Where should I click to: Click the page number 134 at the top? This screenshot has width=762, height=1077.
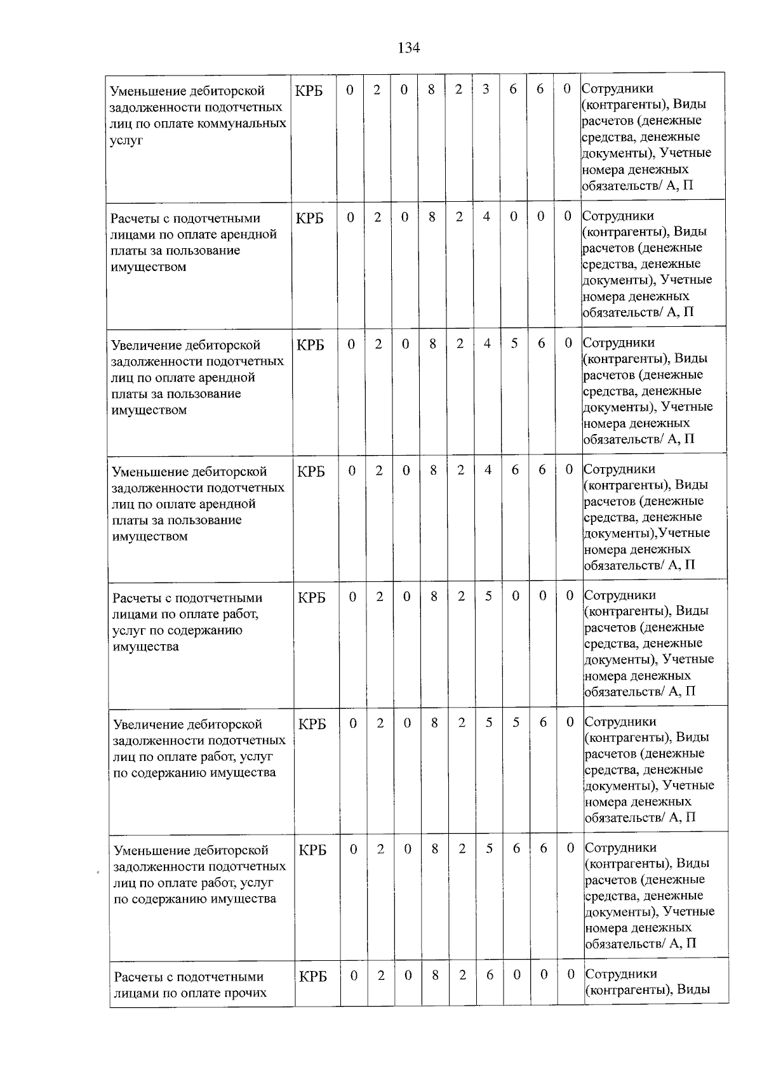(408, 48)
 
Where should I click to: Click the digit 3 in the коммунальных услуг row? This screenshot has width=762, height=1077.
(485, 89)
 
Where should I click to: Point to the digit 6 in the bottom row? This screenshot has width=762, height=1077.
(490, 975)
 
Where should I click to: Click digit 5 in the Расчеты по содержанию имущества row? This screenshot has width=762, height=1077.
(488, 596)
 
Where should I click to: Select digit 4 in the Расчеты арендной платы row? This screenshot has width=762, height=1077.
(486, 216)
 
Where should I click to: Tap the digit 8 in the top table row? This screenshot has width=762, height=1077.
(431, 89)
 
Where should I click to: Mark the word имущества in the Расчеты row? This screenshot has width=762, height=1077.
(145, 647)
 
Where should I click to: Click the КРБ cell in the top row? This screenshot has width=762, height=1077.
(309, 91)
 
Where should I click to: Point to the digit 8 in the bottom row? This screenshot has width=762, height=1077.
(435, 975)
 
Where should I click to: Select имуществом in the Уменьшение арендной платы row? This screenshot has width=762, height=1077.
(150, 536)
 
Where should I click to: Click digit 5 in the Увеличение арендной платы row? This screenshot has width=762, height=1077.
(514, 343)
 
